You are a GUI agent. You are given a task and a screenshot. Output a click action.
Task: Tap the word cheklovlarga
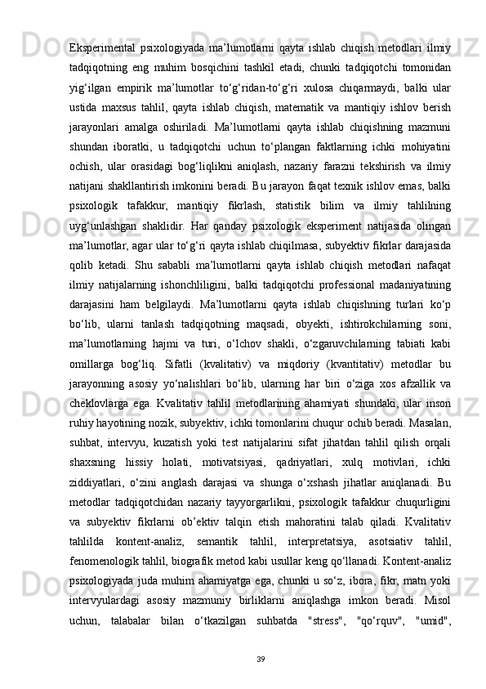pos(103,453)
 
